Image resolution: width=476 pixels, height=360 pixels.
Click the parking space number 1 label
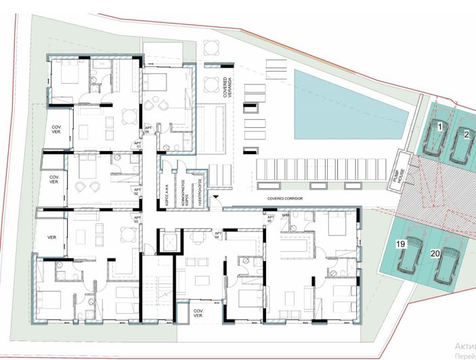pos(439,127)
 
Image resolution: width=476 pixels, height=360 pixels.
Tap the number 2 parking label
pos(467,134)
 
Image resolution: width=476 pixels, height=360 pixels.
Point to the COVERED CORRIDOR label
pos(284,199)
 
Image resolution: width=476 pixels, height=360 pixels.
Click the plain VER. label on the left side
pos(51,238)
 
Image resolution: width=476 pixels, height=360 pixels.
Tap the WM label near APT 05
pos(286,216)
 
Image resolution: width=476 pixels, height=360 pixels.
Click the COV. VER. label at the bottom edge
pos(198,313)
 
